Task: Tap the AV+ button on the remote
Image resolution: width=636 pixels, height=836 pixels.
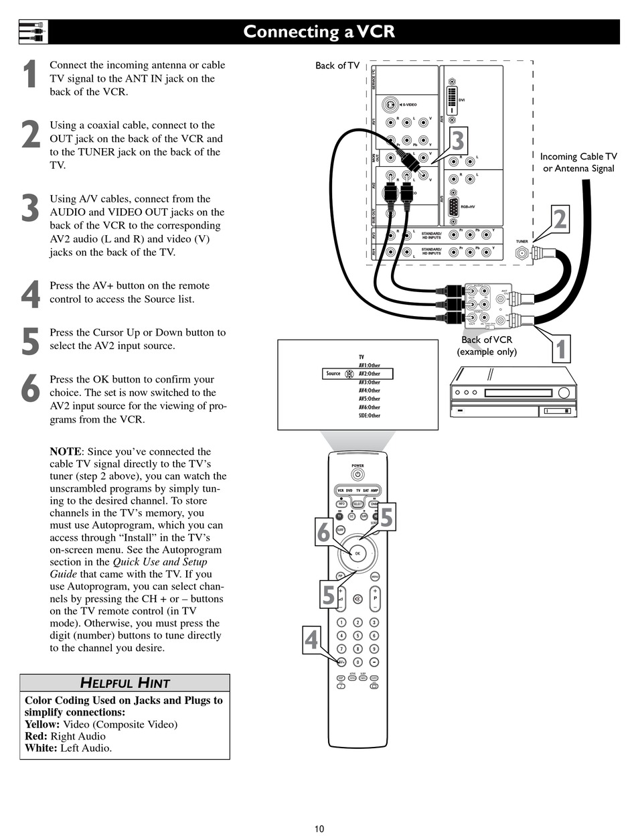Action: pos(341,662)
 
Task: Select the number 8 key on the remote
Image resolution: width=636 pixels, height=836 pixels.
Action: pos(357,648)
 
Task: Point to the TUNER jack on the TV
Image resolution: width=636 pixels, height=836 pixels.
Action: pos(521,253)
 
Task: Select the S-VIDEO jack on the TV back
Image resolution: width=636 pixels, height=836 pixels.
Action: pos(390,105)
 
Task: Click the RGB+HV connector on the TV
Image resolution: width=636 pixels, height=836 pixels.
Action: pos(453,206)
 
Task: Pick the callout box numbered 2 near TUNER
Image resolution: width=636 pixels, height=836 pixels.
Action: pos(560,220)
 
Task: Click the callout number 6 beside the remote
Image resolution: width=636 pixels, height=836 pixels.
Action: pos(324,533)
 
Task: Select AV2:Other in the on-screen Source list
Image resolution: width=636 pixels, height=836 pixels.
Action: pos(369,374)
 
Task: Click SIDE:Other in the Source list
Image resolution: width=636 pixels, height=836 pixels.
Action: pos(369,415)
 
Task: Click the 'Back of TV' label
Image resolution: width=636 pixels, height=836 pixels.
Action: pos(337,66)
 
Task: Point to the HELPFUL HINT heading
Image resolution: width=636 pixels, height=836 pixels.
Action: pos(125,683)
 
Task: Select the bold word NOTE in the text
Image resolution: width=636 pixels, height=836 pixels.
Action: pos(66,451)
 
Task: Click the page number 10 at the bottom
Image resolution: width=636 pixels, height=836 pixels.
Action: pos(319,829)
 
